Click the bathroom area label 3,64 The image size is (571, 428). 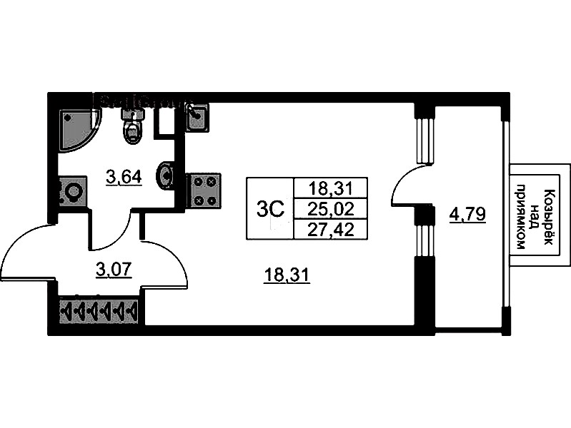tap(122, 175)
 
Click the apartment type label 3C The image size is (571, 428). tap(270, 209)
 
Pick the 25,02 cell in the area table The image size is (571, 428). tap(329, 209)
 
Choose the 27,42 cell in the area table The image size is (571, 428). tap(329, 228)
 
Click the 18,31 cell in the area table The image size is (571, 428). tap(329, 188)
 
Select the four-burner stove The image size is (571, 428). tap(203, 190)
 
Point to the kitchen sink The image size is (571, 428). tap(197, 117)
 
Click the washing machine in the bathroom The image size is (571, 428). tap(71, 193)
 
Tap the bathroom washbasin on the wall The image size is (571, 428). tap(167, 175)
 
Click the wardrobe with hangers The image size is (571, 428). tap(99, 311)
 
